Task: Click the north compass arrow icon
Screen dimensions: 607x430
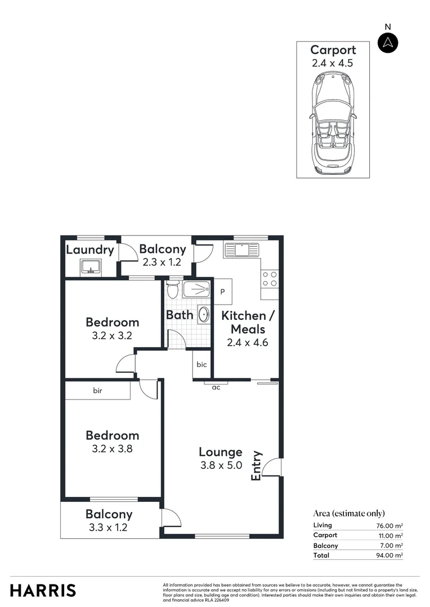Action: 388,43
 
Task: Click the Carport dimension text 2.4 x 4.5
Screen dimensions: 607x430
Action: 333,63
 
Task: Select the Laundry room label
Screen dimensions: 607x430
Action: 90,250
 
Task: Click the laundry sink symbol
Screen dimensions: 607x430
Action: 90,266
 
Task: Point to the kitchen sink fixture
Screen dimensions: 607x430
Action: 241,249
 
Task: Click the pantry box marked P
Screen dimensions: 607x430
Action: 222,292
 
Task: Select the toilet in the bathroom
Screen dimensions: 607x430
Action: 173,289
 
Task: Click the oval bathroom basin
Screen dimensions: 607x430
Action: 204,315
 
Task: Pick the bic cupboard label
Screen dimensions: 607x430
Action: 201,364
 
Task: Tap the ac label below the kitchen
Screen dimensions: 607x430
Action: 216,387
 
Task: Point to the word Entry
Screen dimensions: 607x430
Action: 257,465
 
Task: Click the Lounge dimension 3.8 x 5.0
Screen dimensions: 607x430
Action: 221,465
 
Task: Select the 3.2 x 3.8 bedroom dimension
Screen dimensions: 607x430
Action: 113,449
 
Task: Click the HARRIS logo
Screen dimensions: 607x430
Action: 43,590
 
